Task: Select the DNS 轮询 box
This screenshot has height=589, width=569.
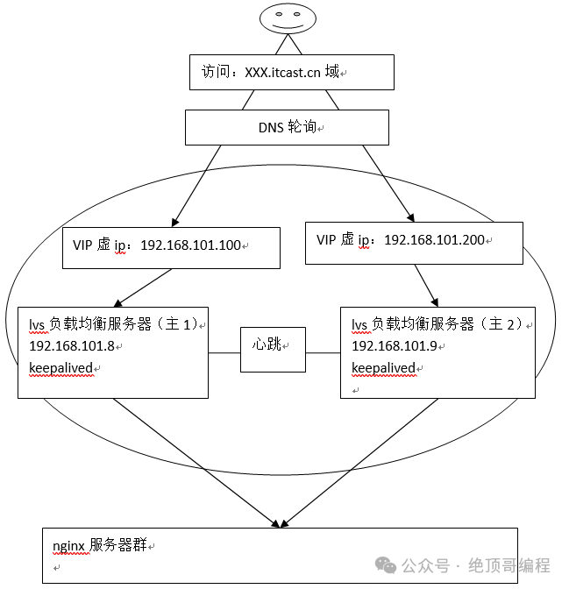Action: click(x=287, y=127)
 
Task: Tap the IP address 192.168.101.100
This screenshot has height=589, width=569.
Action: click(x=189, y=245)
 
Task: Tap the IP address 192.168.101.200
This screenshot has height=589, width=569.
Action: click(x=434, y=239)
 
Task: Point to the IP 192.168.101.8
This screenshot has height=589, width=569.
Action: click(x=72, y=346)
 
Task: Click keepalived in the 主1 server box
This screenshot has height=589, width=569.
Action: click(x=60, y=367)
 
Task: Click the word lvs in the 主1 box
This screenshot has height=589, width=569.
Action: click(x=37, y=325)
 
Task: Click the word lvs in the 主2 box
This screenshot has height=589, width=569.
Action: click(x=359, y=325)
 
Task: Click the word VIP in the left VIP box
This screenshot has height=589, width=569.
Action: click(x=82, y=245)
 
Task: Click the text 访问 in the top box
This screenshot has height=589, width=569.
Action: click(x=216, y=72)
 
